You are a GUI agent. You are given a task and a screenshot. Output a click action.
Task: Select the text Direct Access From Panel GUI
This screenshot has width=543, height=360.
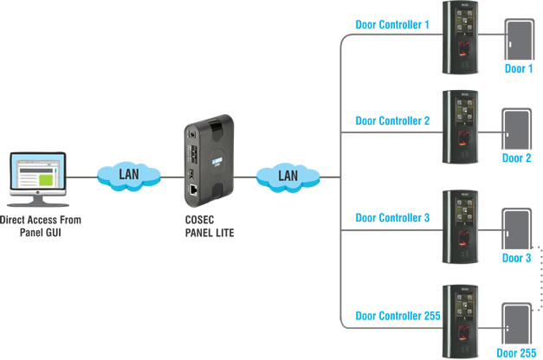coord(36,226)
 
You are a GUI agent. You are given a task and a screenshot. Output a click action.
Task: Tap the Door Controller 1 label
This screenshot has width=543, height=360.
coord(392,24)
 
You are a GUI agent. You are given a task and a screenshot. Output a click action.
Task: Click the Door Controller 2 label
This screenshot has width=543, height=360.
coord(392,121)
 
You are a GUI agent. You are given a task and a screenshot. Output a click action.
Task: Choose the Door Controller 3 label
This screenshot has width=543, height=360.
coord(392,218)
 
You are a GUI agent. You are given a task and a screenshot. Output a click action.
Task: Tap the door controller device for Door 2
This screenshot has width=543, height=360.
coord(460,131)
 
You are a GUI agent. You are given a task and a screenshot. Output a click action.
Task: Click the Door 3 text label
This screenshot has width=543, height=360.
coord(516,259)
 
